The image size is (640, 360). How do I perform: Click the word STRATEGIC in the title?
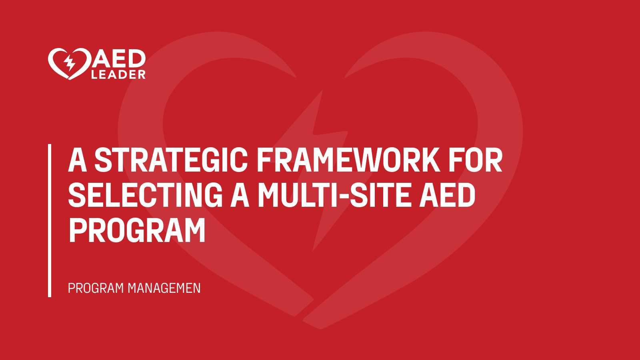coord(171,160)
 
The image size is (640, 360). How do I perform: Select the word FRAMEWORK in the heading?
coord(348,160)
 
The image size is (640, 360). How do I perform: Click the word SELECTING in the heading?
coord(145,195)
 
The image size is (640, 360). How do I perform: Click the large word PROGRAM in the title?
coord(137,230)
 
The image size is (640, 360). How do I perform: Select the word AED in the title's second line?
coord(447,195)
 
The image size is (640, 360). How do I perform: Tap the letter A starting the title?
coord(78,160)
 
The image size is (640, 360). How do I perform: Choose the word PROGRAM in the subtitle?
coord(96,288)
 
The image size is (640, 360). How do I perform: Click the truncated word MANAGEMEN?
coord(164,288)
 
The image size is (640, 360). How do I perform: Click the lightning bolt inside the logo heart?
coord(70,63)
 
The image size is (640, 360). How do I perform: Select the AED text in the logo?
coord(119,59)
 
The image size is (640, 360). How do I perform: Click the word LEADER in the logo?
coord(118,75)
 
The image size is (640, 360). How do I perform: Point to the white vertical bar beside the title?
coord(50,220)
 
